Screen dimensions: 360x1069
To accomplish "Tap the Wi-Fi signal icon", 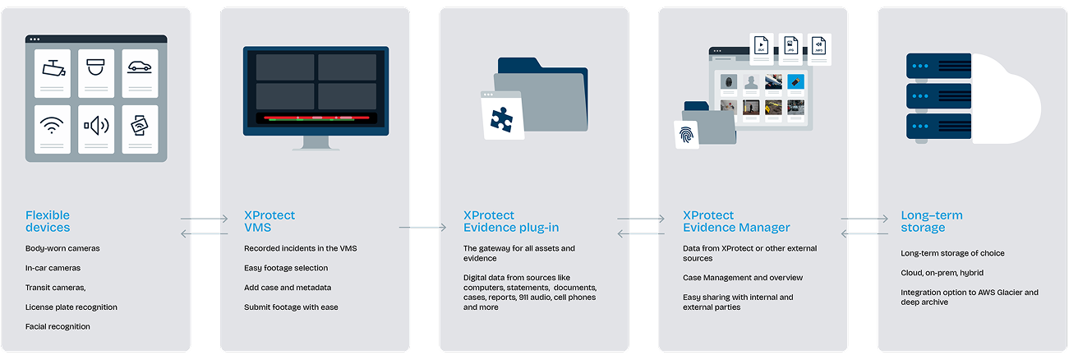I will pyautogui.click(x=52, y=127).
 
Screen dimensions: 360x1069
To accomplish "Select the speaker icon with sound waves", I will pyautogui.click(x=96, y=127).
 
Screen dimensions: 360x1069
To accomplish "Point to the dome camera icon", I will pyautogui.click(x=96, y=69).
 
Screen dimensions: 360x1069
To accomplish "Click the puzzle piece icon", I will pyautogui.click(x=500, y=118).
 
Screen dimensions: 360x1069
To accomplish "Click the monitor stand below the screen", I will pyautogui.click(x=316, y=144).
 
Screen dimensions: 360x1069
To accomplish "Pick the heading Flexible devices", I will pyautogui.click(x=48, y=221).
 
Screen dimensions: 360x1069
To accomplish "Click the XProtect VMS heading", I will pyautogui.click(x=270, y=221).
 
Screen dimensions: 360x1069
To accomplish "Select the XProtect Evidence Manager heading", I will pyautogui.click(x=736, y=221).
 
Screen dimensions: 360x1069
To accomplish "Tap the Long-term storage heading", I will pyautogui.click(x=931, y=221).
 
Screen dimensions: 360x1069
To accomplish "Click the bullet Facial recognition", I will pyautogui.click(x=58, y=326).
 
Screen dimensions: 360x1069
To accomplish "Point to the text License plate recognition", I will pyautogui.click(x=71, y=307).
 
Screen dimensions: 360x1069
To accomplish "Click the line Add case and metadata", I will pyautogui.click(x=288, y=288).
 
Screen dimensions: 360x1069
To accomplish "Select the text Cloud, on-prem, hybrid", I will pyautogui.click(x=942, y=273).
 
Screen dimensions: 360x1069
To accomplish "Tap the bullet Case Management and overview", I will pyautogui.click(x=743, y=278).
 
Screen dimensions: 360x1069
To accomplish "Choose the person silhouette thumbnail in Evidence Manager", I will pyautogui.click(x=750, y=82).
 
